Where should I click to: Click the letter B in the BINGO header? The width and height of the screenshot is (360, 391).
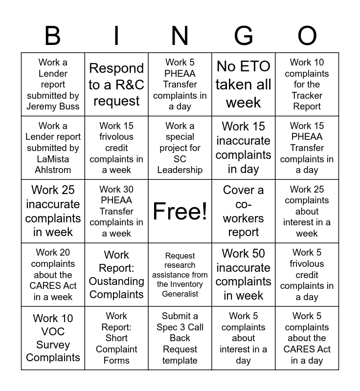[x=53, y=36]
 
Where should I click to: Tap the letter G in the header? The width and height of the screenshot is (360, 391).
[x=244, y=36]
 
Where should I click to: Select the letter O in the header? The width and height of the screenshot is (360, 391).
[x=307, y=36]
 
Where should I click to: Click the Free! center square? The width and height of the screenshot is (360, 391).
[x=180, y=211]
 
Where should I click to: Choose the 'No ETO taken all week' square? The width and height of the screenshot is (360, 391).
[x=244, y=84]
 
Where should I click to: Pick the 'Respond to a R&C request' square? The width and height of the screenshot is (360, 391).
[x=116, y=84]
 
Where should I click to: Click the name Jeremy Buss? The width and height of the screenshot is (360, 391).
[x=53, y=107]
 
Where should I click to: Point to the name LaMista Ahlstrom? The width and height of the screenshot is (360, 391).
[x=53, y=165]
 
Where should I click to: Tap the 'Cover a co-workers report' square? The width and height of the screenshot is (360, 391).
[x=244, y=211]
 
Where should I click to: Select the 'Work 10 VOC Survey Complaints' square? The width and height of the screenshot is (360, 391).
[x=53, y=338]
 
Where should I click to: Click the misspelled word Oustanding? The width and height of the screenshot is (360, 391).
[x=116, y=282]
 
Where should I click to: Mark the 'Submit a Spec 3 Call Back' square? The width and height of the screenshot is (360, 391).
[x=180, y=338]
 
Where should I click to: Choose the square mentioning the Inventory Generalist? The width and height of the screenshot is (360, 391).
[x=180, y=275]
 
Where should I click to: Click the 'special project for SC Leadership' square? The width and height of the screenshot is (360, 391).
[x=180, y=148]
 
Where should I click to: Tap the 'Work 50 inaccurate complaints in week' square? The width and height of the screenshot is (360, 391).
[x=244, y=275]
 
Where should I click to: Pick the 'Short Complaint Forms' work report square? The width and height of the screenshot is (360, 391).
[x=116, y=338]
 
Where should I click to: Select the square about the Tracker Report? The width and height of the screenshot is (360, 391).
[x=307, y=84]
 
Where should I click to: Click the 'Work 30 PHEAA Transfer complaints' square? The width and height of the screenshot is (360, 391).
[x=116, y=211]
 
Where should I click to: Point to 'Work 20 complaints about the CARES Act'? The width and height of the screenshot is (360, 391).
[x=53, y=275]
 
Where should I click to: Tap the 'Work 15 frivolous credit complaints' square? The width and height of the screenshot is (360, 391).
[x=116, y=148]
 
